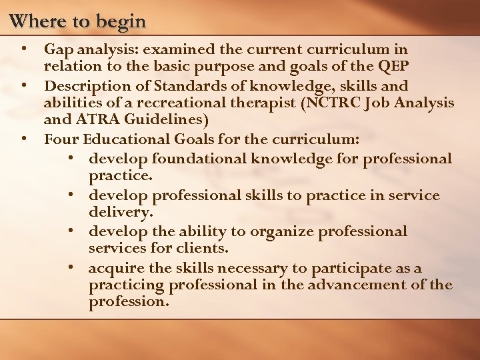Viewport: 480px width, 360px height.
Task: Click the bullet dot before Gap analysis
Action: tap(25, 49)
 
